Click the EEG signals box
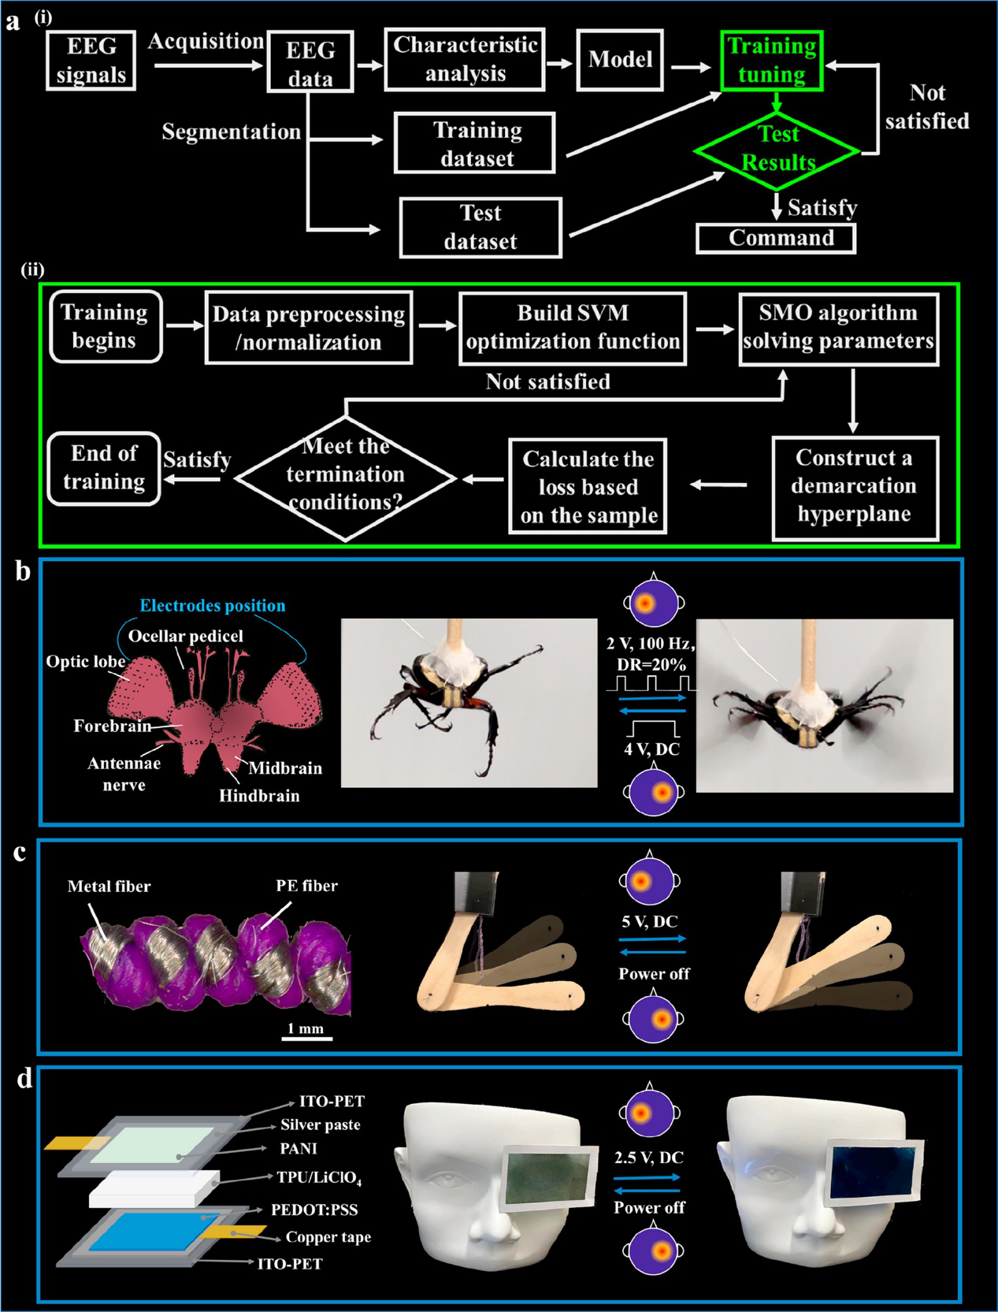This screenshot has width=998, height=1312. click(x=91, y=61)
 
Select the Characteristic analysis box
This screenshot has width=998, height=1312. click(x=465, y=59)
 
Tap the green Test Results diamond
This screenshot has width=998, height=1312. click(x=777, y=149)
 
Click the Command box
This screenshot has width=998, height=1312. click(x=777, y=238)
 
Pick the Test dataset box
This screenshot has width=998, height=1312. click(x=480, y=228)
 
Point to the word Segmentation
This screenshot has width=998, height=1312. click(x=231, y=132)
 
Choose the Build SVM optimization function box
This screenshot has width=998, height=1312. click(x=573, y=328)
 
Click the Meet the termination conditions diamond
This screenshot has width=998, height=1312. click(x=346, y=475)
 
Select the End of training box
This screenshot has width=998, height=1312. click(x=104, y=468)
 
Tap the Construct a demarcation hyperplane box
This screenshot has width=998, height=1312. click(x=855, y=486)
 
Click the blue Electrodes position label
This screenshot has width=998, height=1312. click(x=213, y=606)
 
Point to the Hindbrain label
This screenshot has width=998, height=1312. click(x=259, y=796)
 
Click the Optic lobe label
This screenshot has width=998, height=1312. click(x=85, y=662)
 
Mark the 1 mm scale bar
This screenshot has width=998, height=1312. click(x=307, y=1038)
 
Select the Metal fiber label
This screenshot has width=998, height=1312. click(x=109, y=886)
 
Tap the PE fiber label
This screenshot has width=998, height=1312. click(x=306, y=886)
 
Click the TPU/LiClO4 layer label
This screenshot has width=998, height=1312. click(x=319, y=1178)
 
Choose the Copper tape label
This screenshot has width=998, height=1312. click(x=328, y=1237)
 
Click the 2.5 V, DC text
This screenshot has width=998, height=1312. click(x=649, y=1158)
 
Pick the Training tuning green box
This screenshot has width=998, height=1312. click(x=772, y=61)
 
